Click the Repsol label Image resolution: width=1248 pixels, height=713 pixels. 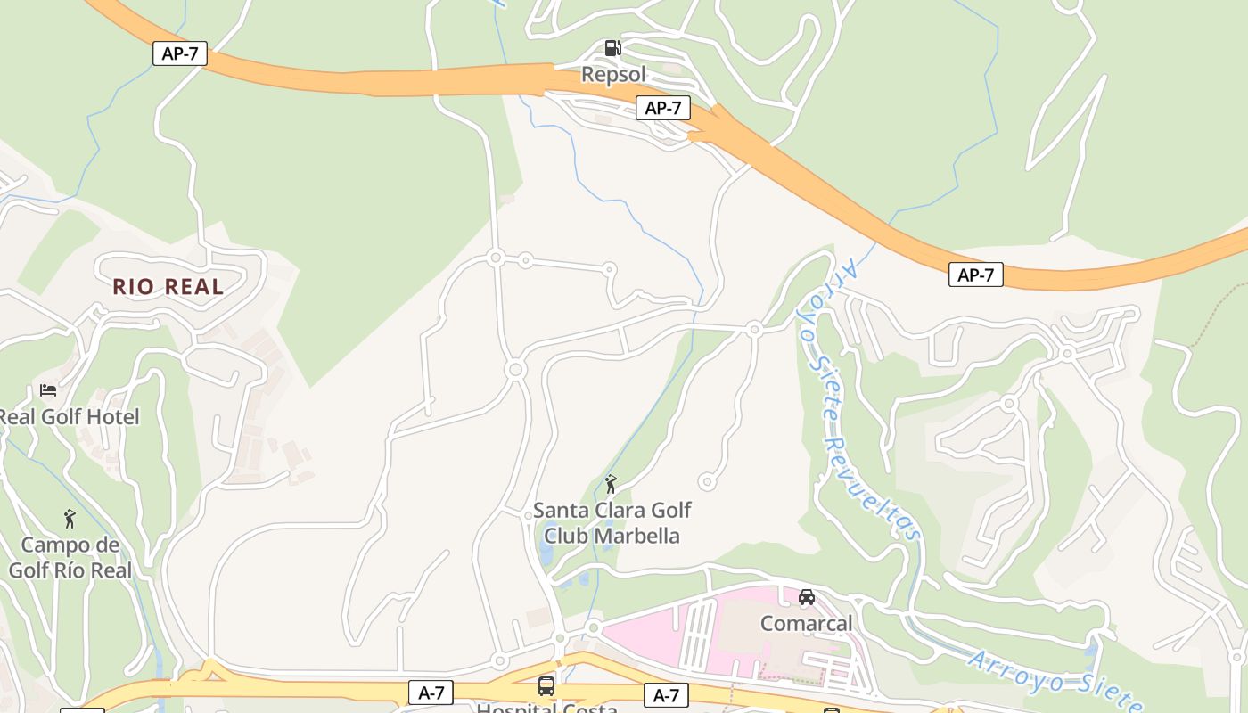[x=613, y=74]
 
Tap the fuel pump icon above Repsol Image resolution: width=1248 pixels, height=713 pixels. [x=612, y=47]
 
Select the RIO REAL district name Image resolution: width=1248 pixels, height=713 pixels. [x=168, y=287]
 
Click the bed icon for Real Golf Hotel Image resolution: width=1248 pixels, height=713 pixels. [x=48, y=390]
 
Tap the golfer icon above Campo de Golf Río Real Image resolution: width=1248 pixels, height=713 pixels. [x=70, y=518]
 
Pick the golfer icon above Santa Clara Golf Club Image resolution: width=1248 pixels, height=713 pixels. [x=611, y=484]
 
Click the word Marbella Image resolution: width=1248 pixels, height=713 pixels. [x=636, y=536]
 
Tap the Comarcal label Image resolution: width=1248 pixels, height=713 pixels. [x=806, y=623]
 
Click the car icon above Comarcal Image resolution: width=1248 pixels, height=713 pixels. [x=807, y=597]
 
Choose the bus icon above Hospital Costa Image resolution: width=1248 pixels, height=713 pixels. [x=546, y=686]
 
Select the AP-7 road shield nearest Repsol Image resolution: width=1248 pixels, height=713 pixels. [x=663, y=109]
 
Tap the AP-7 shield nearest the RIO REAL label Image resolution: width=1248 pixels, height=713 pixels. [x=180, y=53]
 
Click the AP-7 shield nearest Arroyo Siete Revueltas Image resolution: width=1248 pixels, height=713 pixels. [x=975, y=275]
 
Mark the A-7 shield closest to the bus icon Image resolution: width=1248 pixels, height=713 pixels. [x=431, y=693]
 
